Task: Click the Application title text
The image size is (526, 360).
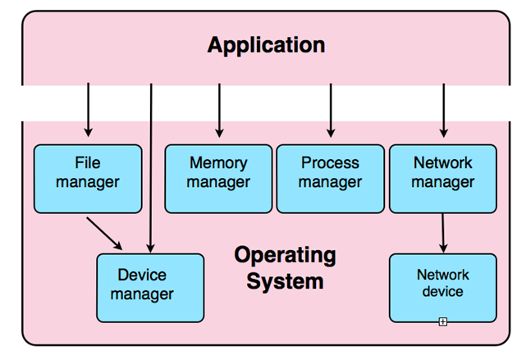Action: click(x=266, y=44)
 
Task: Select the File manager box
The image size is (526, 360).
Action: click(x=87, y=179)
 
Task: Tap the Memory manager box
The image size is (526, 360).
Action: click(x=218, y=179)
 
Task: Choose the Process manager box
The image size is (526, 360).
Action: click(x=330, y=179)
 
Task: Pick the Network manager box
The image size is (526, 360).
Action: click(x=443, y=179)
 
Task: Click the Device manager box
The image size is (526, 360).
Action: click(x=150, y=287)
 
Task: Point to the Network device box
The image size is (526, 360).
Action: click(x=443, y=287)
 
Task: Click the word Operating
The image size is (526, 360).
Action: click(x=285, y=255)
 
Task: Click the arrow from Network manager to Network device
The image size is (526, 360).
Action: click(x=443, y=233)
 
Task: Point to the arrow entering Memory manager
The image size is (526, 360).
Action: click(x=219, y=111)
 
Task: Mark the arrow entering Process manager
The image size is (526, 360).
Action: click(x=331, y=111)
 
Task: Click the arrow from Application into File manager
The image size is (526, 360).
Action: click(x=88, y=111)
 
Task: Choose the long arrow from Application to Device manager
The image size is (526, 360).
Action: click(x=151, y=164)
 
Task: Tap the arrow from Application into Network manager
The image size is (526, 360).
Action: click(x=443, y=111)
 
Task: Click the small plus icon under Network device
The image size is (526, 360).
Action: click(x=442, y=321)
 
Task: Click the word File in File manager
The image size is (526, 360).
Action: click(x=87, y=163)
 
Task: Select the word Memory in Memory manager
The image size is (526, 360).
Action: click(x=218, y=163)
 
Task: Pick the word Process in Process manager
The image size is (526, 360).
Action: click(x=330, y=163)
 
